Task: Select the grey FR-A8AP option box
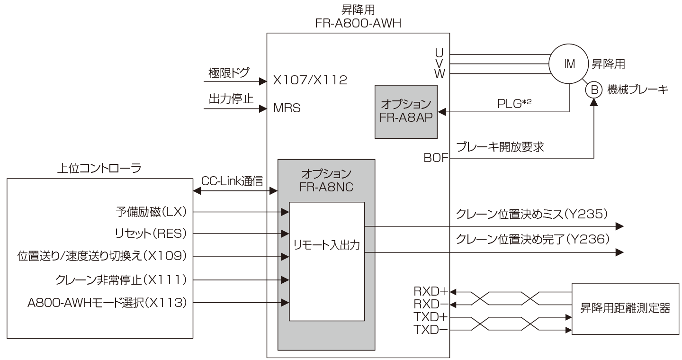(x=405, y=112)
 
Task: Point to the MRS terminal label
(x=287, y=108)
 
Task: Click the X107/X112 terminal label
(x=310, y=81)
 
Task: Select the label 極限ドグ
(x=229, y=73)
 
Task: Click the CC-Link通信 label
(x=232, y=181)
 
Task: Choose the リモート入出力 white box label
(x=327, y=245)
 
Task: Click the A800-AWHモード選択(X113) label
(x=107, y=302)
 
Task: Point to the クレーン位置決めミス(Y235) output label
(x=532, y=215)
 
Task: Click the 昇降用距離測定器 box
(x=625, y=308)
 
